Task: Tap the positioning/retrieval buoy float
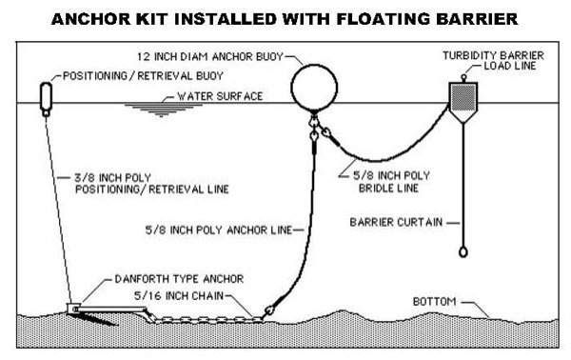click(45, 96)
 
